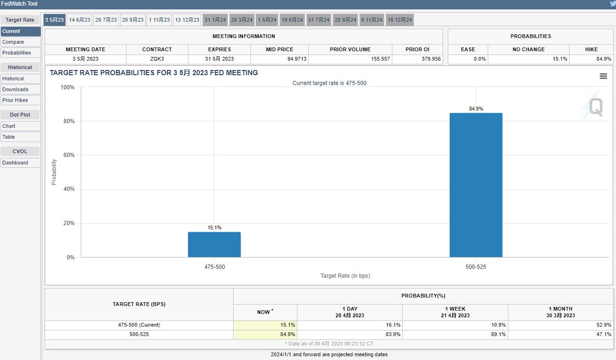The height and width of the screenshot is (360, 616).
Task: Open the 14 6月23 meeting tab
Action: tap(79, 20)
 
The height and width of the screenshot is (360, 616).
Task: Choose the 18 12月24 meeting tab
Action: tap(400, 20)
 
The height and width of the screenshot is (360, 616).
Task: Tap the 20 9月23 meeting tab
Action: tap(133, 20)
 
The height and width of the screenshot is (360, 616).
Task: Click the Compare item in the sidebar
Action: tap(13, 42)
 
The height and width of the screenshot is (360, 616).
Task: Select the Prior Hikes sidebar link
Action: tap(15, 100)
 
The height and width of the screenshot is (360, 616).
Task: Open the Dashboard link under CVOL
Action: tap(15, 163)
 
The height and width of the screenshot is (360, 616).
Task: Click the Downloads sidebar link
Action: tap(15, 89)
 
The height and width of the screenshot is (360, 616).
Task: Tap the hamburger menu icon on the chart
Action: tap(603, 76)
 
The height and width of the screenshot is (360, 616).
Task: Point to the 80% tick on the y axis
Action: tap(68, 121)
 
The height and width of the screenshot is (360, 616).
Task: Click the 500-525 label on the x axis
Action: tap(476, 267)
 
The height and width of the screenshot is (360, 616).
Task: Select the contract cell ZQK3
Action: tap(157, 59)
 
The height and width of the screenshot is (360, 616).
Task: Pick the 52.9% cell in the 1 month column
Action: tap(604, 325)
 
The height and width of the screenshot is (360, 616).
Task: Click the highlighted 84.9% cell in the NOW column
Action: tap(288, 334)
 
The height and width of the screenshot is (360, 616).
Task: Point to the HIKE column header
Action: tap(591, 49)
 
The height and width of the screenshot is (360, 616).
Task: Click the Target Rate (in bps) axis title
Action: tap(345, 276)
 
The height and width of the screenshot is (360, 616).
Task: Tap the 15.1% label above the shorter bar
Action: tap(214, 227)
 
